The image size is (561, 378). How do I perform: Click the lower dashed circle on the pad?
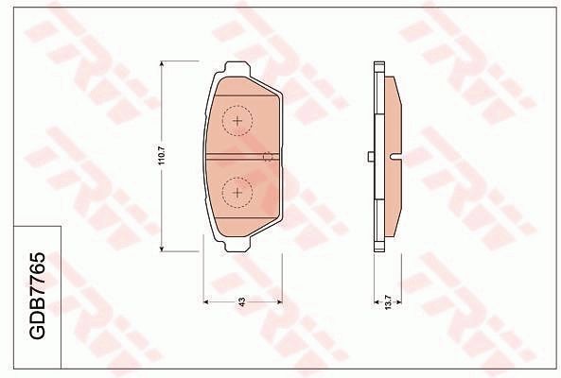[237, 193]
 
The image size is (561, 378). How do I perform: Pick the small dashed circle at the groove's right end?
[269, 157]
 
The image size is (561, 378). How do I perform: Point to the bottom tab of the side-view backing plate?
[378, 245]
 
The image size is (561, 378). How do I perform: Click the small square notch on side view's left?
[369, 158]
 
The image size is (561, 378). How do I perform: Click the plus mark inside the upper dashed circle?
[237, 121]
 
